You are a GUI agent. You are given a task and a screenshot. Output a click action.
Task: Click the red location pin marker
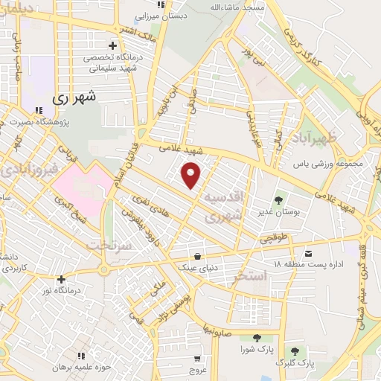pyautogui.click(x=192, y=175)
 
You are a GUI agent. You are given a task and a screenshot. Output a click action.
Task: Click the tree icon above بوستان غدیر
pyautogui.click(x=278, y=199)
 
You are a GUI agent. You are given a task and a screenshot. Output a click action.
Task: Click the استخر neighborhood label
pyautogui.click(x=250, y=278)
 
